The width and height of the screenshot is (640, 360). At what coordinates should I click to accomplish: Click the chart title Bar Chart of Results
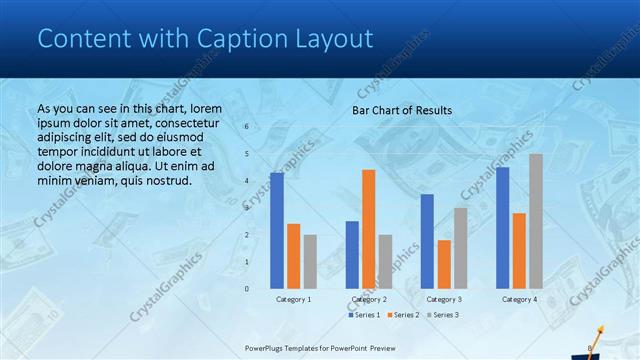402,110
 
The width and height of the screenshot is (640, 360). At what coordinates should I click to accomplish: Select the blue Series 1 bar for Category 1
277,230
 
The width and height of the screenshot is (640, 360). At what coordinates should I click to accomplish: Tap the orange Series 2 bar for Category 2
369,229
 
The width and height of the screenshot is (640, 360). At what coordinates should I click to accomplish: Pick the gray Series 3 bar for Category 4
536,221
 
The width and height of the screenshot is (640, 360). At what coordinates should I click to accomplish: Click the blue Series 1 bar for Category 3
428,241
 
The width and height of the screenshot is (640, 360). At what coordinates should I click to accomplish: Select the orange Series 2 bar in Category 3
444,264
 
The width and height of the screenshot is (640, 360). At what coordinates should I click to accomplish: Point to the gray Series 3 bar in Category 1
310,262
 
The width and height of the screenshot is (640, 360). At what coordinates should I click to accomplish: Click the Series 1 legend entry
365,315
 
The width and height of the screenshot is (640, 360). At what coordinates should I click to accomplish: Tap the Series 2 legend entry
402,315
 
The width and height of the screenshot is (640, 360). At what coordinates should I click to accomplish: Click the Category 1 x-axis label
294,299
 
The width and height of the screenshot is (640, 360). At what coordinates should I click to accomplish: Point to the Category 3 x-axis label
444,299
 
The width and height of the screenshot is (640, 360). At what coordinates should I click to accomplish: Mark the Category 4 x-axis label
519,299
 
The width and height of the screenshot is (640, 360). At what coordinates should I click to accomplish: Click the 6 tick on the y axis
246,127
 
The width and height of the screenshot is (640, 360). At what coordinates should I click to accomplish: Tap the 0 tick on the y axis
246,288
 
